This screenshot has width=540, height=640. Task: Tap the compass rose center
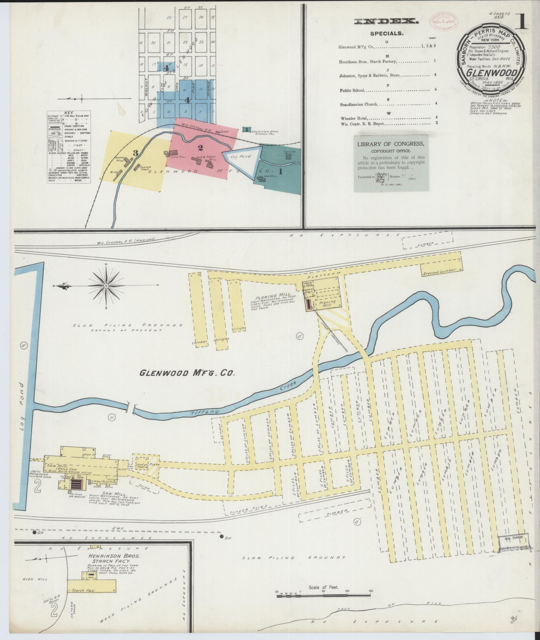(x=106, y=286)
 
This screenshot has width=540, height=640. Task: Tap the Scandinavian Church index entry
(x=359, y=104)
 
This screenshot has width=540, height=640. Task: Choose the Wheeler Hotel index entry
(x=354, y=118)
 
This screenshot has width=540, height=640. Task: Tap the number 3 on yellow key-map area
(x=135, y=153)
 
